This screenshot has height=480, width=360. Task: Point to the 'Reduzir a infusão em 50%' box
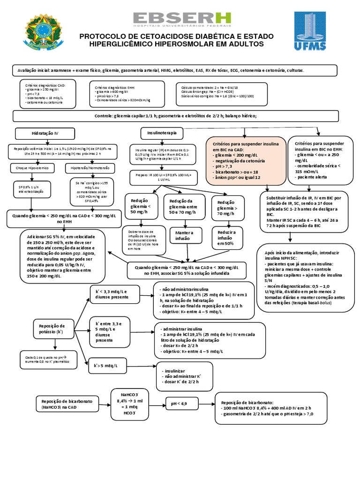pos(226,237)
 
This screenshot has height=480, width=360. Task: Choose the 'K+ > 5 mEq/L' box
pos(109,365)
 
